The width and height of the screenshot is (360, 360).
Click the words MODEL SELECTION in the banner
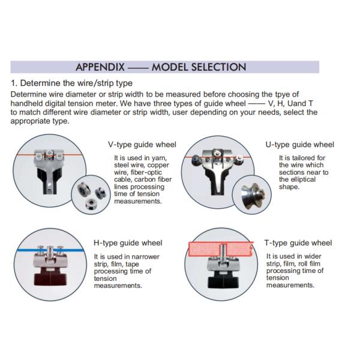tap(199, 67)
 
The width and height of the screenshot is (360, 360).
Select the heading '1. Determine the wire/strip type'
tap(72, 83)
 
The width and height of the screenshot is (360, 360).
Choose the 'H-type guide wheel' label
tap(128, 243)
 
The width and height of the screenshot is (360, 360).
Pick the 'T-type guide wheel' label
tap(298, 243)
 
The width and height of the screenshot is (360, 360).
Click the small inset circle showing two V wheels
tap(89, 192)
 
